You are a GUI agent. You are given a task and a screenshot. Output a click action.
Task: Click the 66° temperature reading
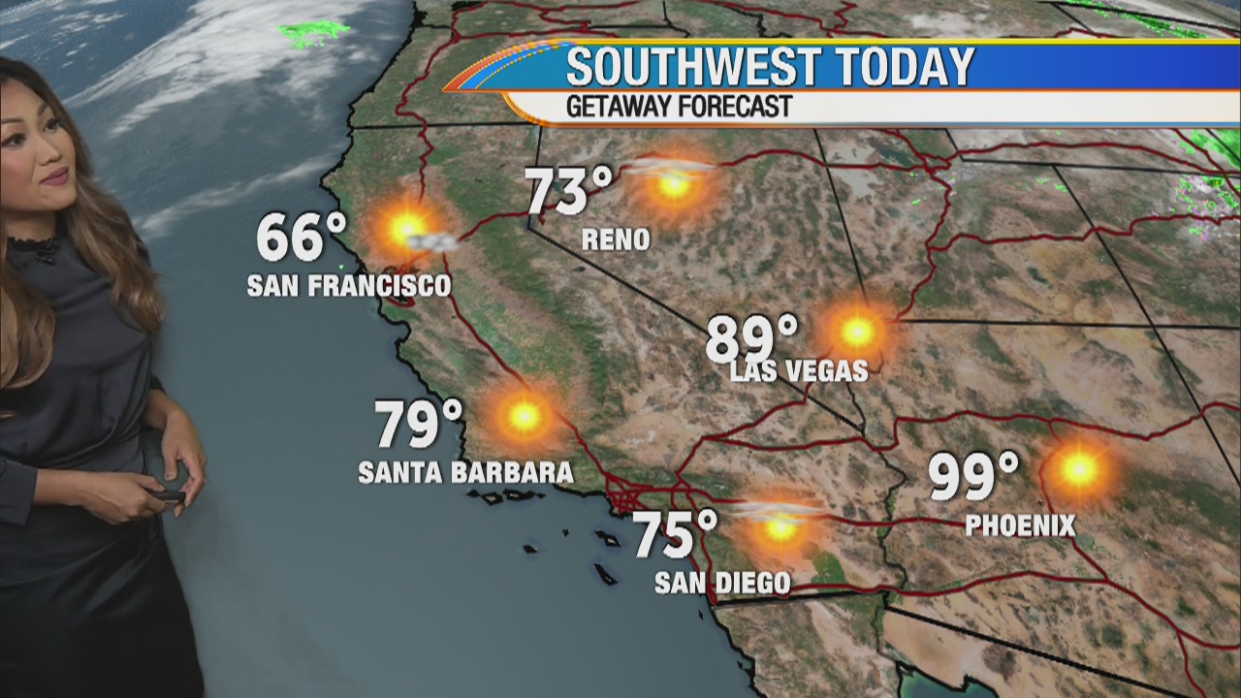pyautogui.click(x=302, y=238)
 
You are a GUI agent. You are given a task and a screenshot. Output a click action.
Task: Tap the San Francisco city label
pyautogui.click(x=349, y=286)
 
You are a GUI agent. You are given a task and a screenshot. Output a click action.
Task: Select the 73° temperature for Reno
pyautogui.click(x=570, y=191)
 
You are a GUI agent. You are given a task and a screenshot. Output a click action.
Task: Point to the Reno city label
pyautogui.click(x=616, y=239)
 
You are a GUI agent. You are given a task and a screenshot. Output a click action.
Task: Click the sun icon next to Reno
pyautogui.click(x=674, y=184)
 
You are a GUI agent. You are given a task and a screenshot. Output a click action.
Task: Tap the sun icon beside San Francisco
pyautogui.click(x=406, y=230)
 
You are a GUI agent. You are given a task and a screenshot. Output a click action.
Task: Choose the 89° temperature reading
pyautogui.click(x=751, y=339)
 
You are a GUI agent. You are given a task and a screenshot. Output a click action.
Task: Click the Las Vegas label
pyautogui.click(x=799, y=370)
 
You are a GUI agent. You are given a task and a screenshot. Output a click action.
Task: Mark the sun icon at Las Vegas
pyautogui.click(x=857, y=332)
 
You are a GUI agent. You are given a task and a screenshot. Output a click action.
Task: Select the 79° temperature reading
pyautogui.click(x=419, y=424)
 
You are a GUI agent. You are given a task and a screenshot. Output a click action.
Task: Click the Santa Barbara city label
pyautogui.click(x=465, y=472)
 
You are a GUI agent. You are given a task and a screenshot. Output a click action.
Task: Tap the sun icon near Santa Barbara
pyautogui.click(x=525, y=416)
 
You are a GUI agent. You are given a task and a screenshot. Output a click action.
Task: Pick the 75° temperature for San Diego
pyautogui.click(x=676, y=535)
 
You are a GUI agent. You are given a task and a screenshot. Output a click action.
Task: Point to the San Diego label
pyautogui.click(x=722, y=583)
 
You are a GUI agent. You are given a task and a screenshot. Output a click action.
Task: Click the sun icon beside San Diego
pyautogui.click(x=780, y=528)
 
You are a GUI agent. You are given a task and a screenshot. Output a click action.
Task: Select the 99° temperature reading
pyautogui.click(x=973, y=476)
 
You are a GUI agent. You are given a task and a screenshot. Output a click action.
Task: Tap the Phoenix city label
pyautogui.click(x=1020, y=525)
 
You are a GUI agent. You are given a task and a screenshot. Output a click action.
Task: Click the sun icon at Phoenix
pyautogui.click(x=1078, y=469)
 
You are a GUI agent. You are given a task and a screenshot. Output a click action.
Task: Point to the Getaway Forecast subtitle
pyautogui.click(x=679, y=107)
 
